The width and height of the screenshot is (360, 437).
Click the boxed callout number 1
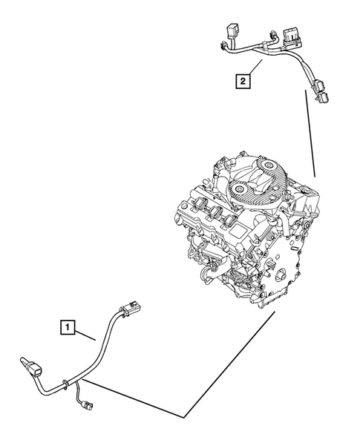coord(68,324)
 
